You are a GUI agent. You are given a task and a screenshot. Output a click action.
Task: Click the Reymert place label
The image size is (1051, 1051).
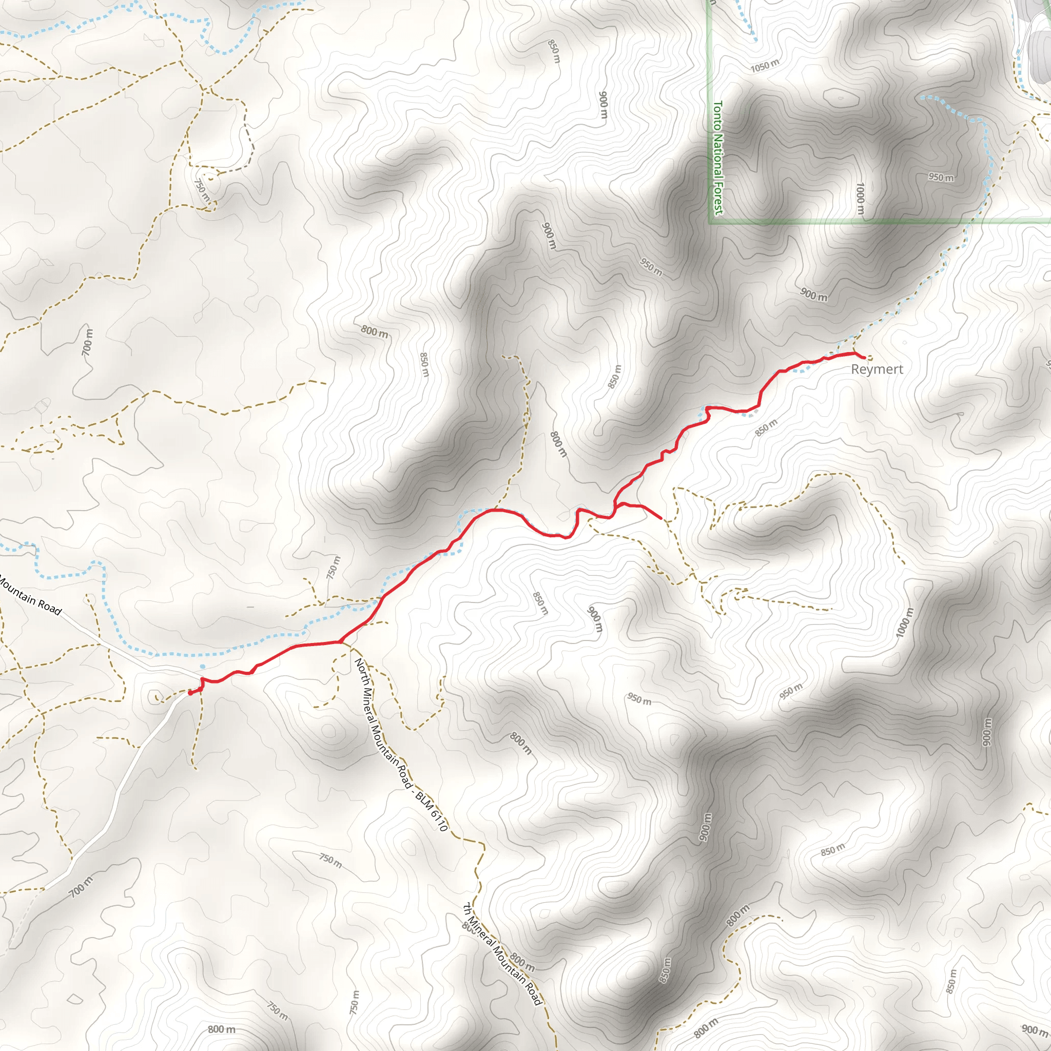[x=877, y=369]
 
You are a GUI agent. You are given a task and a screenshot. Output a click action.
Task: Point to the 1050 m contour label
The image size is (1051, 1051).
[x=764, y=66]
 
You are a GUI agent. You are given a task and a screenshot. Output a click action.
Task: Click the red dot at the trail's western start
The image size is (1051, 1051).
[x=190, y=692]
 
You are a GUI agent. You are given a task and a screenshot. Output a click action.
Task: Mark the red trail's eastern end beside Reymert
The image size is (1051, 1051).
[x=864, y=357]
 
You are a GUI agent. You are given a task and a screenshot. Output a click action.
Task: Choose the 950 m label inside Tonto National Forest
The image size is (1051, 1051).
[x=941, y=178]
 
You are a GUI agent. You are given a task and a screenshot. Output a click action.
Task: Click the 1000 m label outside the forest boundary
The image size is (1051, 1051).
[x=903, y=622]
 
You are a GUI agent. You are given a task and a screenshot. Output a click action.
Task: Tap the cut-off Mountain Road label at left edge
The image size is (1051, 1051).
[x=30, y=596]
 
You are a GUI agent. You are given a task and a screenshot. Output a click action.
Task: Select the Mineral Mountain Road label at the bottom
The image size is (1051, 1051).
[x=504, y=955]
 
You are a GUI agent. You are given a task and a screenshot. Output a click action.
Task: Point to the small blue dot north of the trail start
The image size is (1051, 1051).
[x=202, y=667]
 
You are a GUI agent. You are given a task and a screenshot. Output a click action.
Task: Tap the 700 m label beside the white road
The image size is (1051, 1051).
[x=81, y=888]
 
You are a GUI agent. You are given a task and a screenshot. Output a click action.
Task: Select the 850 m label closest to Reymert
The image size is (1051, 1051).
[x=766, y=427]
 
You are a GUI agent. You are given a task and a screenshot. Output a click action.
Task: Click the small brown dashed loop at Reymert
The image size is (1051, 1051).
[x=869, y=358]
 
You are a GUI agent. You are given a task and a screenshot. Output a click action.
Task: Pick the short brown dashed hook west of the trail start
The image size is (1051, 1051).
[x=158, y=697]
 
